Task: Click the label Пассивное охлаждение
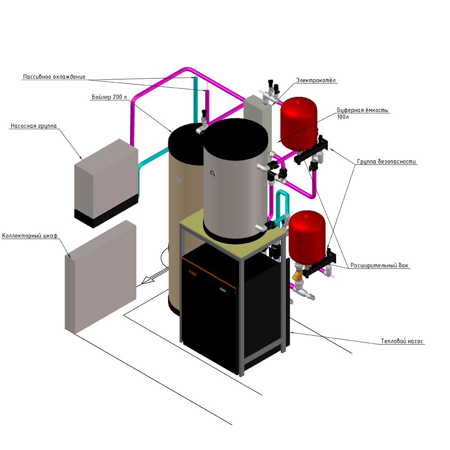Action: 54,77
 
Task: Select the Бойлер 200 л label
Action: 109,97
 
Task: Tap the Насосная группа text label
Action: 33,126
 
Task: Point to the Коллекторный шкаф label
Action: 30,236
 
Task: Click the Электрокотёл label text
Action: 316,81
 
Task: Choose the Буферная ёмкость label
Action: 362,110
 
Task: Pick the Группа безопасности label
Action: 387,161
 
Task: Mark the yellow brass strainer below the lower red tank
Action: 297,275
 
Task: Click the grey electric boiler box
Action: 257,119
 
